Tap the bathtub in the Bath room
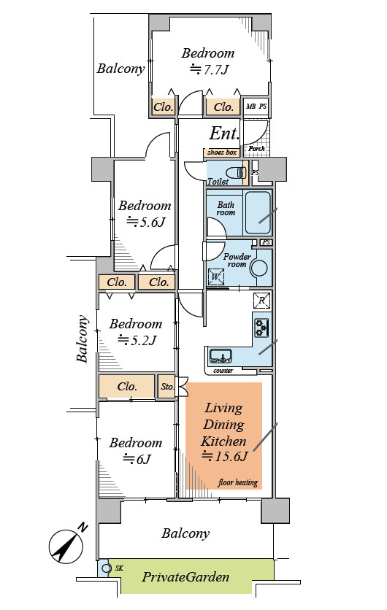click(x=258, y=212)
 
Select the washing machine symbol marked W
click(x=216, y=277)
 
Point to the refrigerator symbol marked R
click(x=261, y=301)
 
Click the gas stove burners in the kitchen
click(x=261, y=328)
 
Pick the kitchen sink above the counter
click(x=221, y=356)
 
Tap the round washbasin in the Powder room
click(x=259, y=269)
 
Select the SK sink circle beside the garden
click(x=105, y=568)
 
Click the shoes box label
click(x=221, y=152)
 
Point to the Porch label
click(x=256, y=149)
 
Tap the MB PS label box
click(x=256, y=106)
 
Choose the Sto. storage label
click(x=167, y=387)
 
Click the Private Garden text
click(x=185, y=576)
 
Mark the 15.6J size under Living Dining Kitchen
click(x=225, y=456)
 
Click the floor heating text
click(x=238, y=482)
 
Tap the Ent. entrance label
click(x=224, y=134)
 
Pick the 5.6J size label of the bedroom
click(x=146, y=222)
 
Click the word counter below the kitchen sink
click(x=223, y=371)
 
